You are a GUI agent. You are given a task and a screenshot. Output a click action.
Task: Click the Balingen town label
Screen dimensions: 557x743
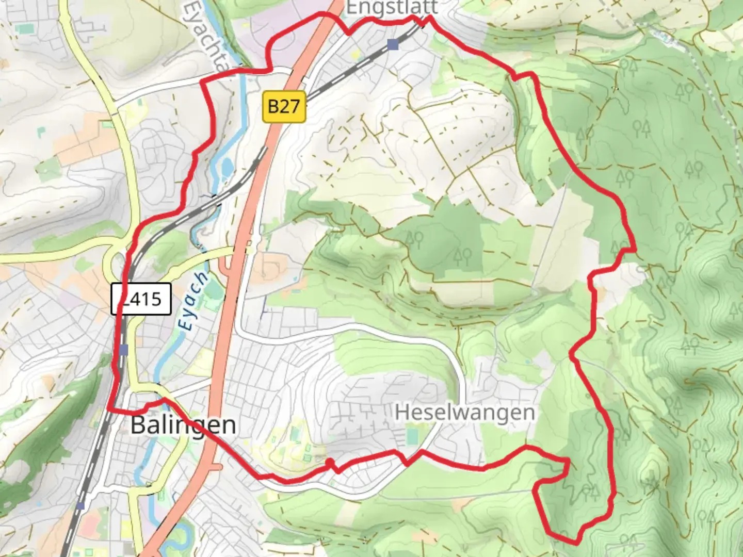(183, 425)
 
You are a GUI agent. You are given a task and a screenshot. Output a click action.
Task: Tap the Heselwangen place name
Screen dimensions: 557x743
(465, 413)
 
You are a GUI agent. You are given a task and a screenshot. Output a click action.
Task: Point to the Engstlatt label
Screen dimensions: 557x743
(392, 8)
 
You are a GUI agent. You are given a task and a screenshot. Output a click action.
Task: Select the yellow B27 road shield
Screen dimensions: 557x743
(284, 107)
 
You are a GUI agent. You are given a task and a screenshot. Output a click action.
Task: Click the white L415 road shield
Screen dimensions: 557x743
(141, 299)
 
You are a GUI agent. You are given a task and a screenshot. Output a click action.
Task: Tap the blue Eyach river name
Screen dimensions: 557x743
(193, 302)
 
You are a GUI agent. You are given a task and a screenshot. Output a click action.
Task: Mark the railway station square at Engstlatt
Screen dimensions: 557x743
(393, 45)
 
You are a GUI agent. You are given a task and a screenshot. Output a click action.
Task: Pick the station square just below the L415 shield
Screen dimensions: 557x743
(123, 350)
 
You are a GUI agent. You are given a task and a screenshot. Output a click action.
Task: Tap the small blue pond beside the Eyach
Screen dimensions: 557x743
(226, 168)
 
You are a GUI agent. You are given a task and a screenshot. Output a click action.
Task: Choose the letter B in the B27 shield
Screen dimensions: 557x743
(274, 107)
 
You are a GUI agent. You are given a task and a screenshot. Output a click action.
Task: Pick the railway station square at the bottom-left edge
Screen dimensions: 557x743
(80, 505)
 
